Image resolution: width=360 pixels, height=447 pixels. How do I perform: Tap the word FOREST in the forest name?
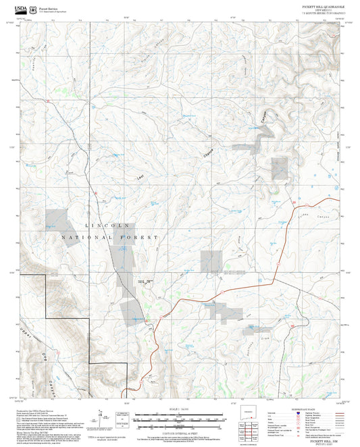143,238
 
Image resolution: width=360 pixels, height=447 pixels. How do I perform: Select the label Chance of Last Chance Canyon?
209,155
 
